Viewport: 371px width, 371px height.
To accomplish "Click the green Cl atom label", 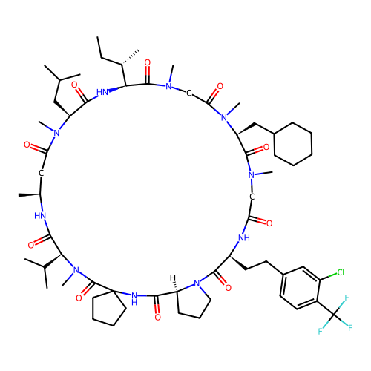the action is pos(341,272).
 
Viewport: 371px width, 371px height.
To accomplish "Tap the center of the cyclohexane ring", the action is pos(293,144).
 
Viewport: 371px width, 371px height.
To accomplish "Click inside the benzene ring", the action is pos(301,288).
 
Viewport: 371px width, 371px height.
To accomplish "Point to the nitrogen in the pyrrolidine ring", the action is pos(197,283).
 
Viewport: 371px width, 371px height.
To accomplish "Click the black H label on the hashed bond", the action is pos(173,278).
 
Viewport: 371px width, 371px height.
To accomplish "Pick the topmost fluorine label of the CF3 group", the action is pos(347,298).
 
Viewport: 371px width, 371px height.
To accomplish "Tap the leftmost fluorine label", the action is pos(320,331).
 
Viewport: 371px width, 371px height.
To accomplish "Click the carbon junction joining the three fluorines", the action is pos(334,315).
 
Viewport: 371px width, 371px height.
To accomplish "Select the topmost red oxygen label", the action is pos(148,62).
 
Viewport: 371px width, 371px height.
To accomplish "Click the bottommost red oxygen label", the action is pos(157,317).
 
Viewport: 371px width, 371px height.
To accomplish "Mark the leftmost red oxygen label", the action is pos(27,145).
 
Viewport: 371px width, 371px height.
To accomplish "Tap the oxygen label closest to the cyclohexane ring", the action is pos(266,148).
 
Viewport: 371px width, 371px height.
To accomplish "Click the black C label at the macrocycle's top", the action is pos(188,93).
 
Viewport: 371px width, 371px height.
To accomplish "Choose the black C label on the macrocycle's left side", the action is pos(42,173).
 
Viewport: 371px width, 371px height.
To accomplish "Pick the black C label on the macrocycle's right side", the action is pos(252,197).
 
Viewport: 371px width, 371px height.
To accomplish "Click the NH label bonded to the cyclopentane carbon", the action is pos(134,298).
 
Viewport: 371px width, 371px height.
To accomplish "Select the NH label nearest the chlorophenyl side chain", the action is pos(244,238).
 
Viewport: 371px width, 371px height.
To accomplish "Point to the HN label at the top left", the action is pos(102,92).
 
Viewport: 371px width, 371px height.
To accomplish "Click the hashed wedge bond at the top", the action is pos(131,58).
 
